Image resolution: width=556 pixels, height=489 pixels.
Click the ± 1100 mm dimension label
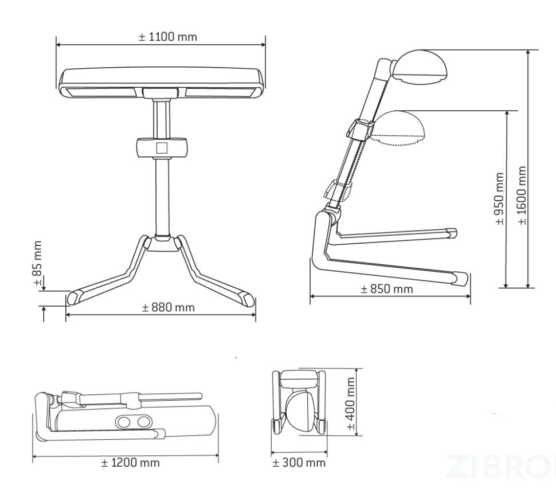coord(167,37)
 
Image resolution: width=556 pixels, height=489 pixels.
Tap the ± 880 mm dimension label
coord(168,307)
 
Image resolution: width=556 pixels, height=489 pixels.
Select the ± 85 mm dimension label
coord(38,263)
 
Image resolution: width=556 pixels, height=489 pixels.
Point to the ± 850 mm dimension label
coord(387,289)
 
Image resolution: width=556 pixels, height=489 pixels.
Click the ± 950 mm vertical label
coord(499,198)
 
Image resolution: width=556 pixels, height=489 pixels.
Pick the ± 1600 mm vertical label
coord(522,195)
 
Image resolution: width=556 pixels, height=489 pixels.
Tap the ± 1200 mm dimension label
coord(130,463)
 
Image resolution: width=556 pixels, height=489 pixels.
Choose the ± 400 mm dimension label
coord(350,404)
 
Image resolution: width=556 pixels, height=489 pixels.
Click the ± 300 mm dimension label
coord(299,463)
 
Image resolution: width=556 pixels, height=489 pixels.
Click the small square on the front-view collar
coord(162,147)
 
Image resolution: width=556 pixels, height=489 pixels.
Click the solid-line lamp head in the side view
coord(420,66)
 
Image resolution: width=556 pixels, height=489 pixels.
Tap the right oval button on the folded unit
coord(143,422)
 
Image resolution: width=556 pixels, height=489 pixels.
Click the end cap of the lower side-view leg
coord(460,279)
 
